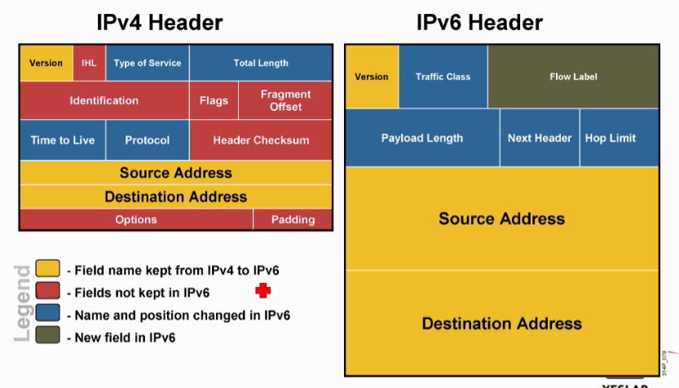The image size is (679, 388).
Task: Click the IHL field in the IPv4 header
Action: (x=89, y=63)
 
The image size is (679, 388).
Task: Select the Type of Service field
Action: (x=148, y=63)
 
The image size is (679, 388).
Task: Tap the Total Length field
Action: (x=261, y=63)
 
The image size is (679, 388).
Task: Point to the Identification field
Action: (x=104, y=100)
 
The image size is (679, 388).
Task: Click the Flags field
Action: (x=214, y=100)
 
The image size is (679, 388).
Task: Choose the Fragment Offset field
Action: (x=285, y=100)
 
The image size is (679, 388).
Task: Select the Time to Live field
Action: (x=63, y=140)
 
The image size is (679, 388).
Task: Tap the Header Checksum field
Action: (x=261, y=140)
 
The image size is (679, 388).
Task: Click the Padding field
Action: (x=293, y=219)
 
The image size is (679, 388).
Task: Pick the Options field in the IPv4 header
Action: (x=136, y=219)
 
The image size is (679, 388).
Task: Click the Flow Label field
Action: (x=573, y=77)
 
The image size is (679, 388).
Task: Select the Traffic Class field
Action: (x=443, y=77)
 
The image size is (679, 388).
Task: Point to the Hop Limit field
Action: (x=611, y=138)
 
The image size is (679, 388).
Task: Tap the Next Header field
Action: (x=540, y=138)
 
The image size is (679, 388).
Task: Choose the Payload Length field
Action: (x=422, y=138)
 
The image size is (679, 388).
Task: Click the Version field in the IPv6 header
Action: (x=372, y=77)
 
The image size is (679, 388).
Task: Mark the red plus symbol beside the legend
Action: (x=262, y=291)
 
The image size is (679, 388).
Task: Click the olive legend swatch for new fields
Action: (x=48, y=336)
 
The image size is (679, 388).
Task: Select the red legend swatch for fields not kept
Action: (x=48, y=292)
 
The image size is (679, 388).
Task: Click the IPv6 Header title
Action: (x=479, y=21)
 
